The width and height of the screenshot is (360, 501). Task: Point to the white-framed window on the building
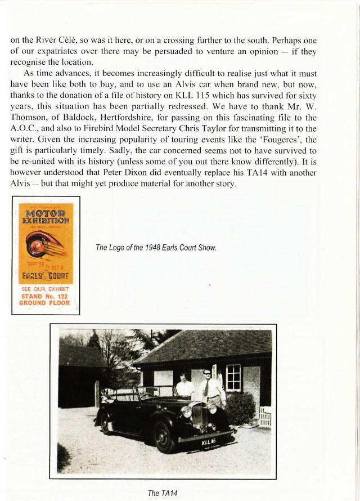pyautogui.click(x=233, y=377)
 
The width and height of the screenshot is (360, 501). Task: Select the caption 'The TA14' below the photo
pyautogui.click(x=161, y=494)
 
